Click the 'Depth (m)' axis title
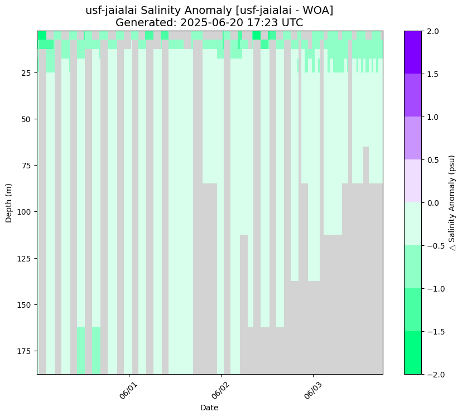pos(9,202)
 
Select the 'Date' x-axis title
pos(209,408)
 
